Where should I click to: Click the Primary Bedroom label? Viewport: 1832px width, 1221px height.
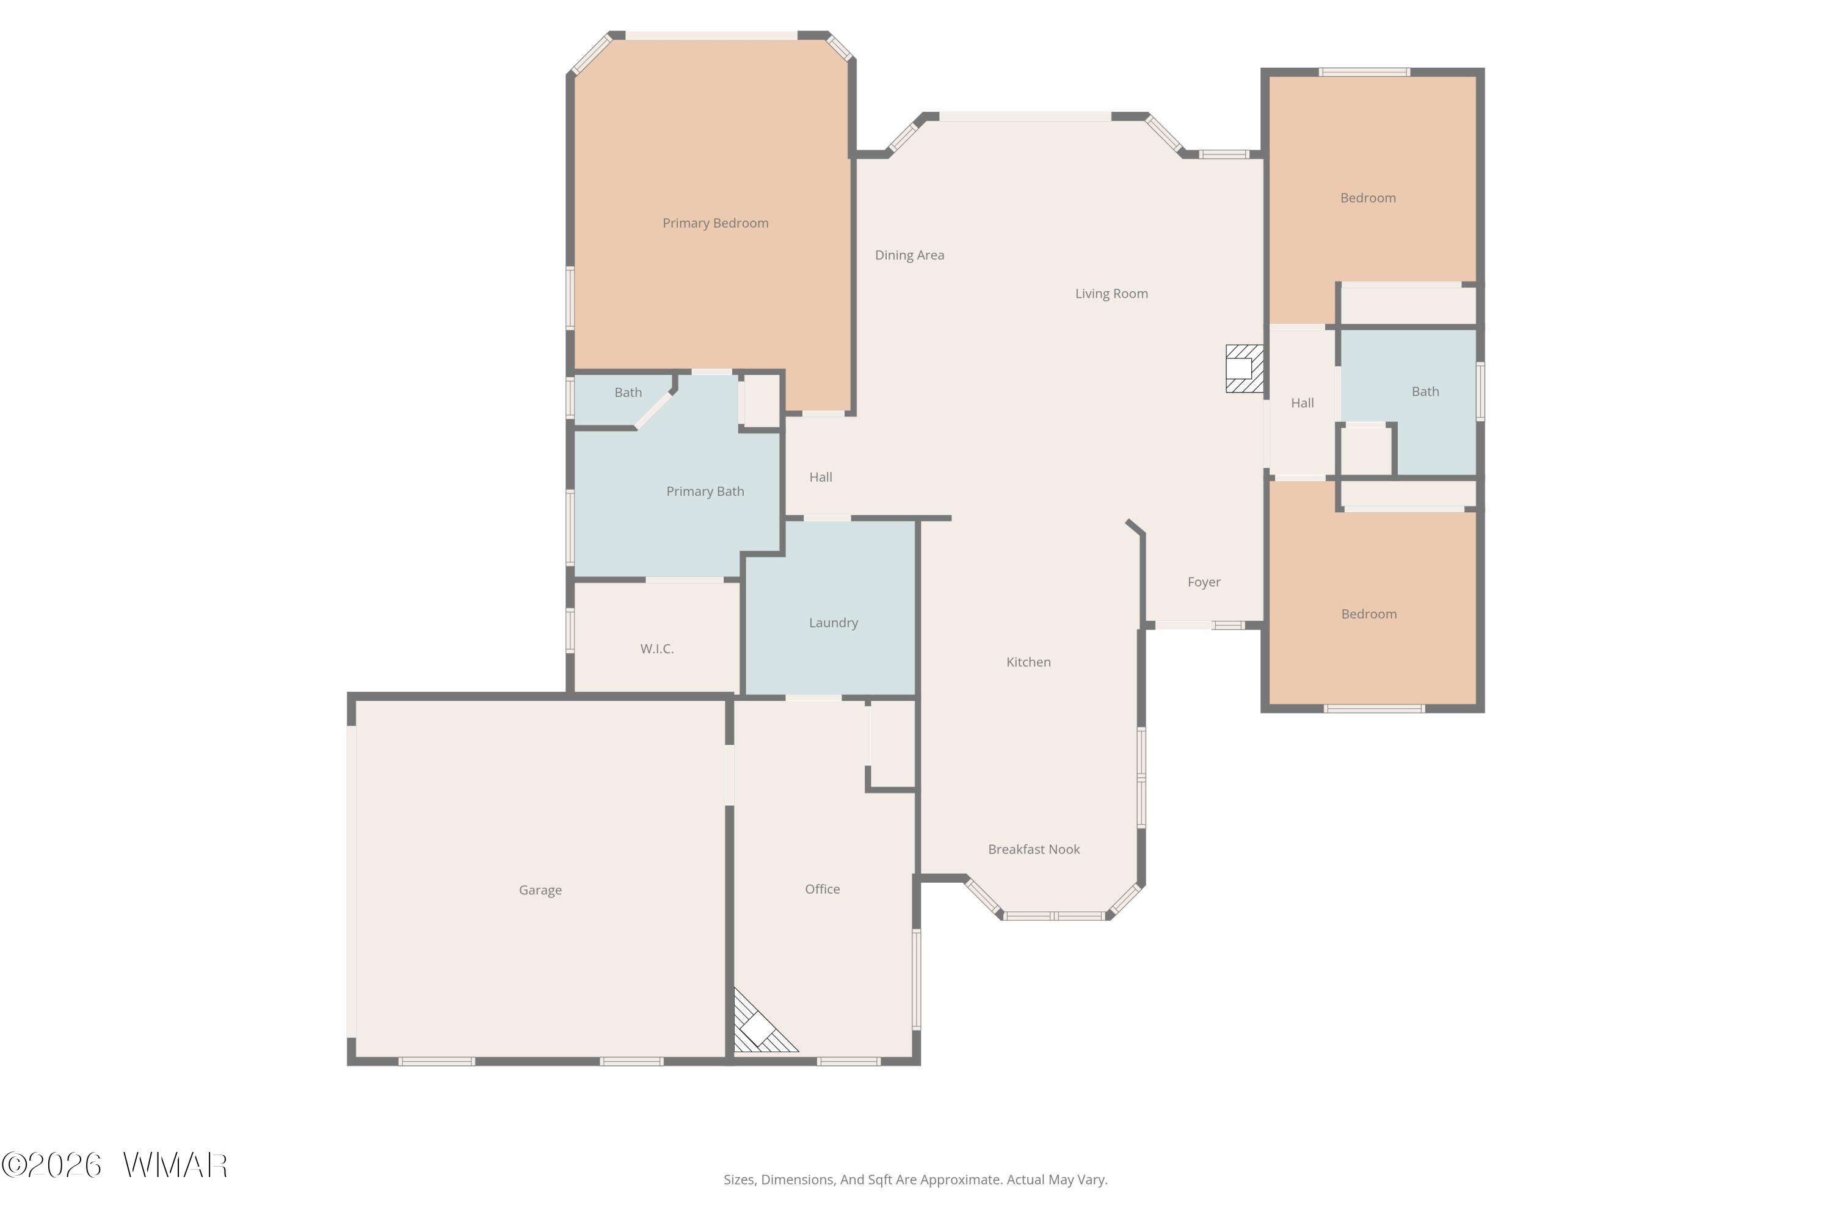point(715,223)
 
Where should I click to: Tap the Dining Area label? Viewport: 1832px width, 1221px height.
point(909,255)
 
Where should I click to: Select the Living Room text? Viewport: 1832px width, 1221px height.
point(1111,294)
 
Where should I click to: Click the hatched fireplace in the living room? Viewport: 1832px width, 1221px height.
point(1244,368)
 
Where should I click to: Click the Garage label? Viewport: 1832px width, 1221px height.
point(540,890)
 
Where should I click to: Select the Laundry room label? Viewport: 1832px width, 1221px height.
point(834,623)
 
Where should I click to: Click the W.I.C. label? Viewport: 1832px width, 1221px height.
point(656,648)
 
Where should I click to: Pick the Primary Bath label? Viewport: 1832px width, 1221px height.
point(705,491)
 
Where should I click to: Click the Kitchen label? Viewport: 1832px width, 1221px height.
point(1028,662)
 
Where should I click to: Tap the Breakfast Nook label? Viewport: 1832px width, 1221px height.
point(1034,850)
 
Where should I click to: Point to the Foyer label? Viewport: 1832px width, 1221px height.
point(1204,582)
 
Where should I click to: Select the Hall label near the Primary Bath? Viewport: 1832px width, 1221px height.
point(820,477)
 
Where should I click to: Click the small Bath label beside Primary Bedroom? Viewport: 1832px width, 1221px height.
point(628,393)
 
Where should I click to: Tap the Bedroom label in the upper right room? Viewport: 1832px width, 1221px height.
point(1368,198)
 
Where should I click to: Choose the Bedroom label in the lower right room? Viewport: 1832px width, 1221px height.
point(1369,614)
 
